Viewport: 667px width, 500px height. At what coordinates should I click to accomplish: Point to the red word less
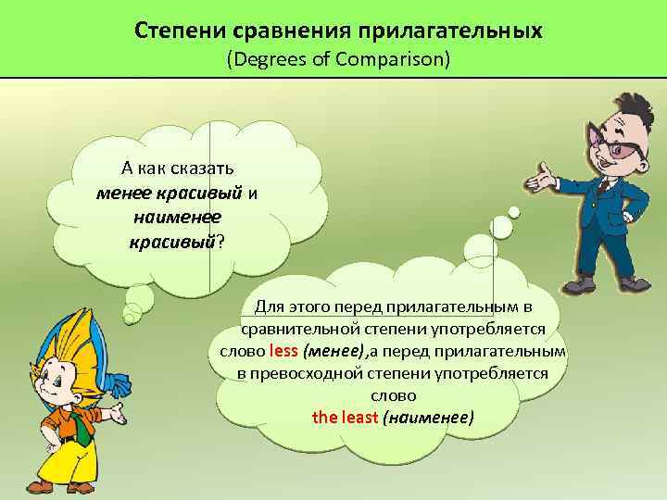pos(283,352)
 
